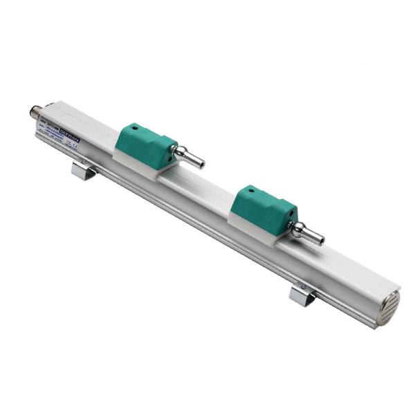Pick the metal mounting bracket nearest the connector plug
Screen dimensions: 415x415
pyautogui.click(x=84, y=170)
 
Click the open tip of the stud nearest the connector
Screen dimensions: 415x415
pyautogui.click(x=201, y=165)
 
